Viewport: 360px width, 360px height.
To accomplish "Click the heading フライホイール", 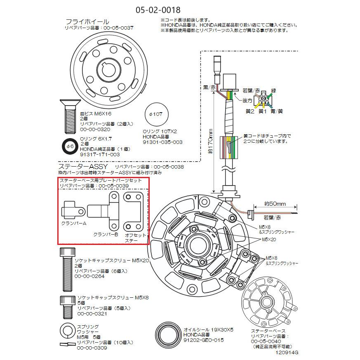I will [87, 21].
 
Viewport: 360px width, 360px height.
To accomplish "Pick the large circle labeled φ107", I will [157, 113].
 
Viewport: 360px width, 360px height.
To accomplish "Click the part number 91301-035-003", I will [162, 142].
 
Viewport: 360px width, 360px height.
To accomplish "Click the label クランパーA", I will [73, 224].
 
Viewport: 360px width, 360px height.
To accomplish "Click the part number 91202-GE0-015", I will [203, 340].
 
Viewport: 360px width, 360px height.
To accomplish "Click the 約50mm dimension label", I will [275, 204].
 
